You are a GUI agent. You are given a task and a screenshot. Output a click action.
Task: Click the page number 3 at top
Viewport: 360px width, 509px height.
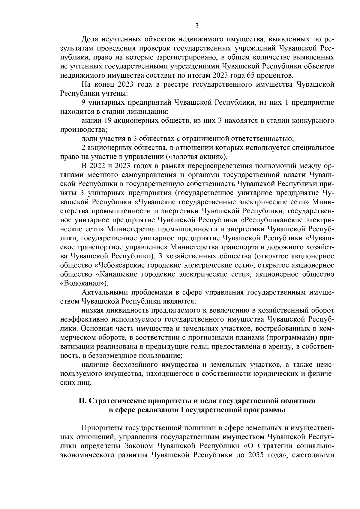coord(196,26)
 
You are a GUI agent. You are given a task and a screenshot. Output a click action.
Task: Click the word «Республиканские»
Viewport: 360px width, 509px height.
coord(272,220)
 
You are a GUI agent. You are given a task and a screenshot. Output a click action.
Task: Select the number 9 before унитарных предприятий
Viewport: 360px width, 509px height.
coord(84,103)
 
